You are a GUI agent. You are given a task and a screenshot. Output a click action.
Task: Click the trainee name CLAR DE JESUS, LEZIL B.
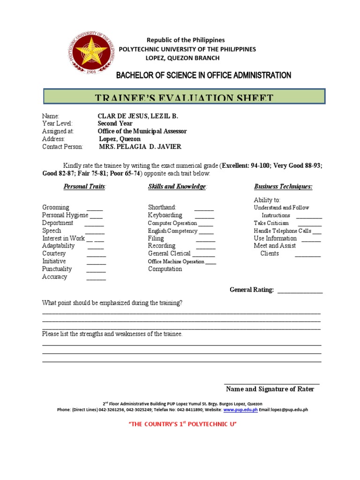138,116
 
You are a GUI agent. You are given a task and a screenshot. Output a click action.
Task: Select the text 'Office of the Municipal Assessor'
142,131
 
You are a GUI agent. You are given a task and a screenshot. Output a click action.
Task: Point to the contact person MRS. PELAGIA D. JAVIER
140,147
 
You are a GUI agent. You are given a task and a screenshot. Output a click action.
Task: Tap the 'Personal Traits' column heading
85,187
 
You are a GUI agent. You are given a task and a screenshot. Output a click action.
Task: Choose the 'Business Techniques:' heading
283,187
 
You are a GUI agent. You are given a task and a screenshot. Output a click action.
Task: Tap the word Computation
165,269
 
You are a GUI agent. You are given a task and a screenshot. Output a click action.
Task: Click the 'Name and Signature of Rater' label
270,389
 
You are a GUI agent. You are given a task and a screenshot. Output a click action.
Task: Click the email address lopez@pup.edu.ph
290,410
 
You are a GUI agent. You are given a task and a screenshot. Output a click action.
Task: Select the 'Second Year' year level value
115,124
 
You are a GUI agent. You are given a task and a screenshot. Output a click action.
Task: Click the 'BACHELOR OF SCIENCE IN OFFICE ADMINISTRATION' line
203,75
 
